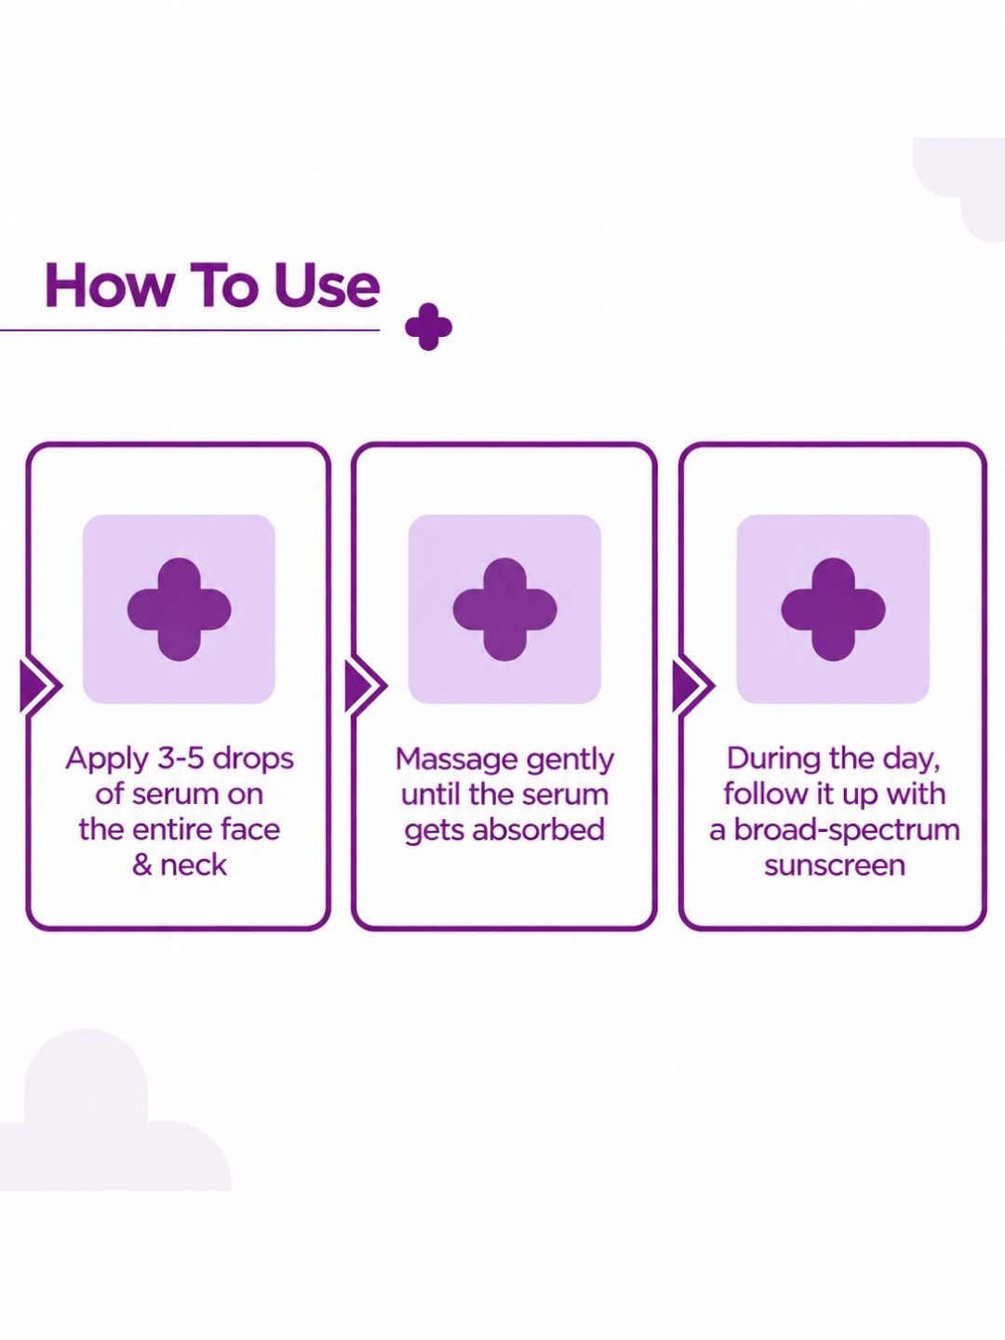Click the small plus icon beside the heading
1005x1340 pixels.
pos(428,327)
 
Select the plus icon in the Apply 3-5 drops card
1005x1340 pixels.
pos(179,609)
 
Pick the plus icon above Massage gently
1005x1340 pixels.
pos(504,609)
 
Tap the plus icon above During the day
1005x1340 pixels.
pos(834,609)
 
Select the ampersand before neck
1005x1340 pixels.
pos(141,865)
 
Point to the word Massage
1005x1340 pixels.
pos(456,761)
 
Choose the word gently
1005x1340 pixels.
pos(569,761)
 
